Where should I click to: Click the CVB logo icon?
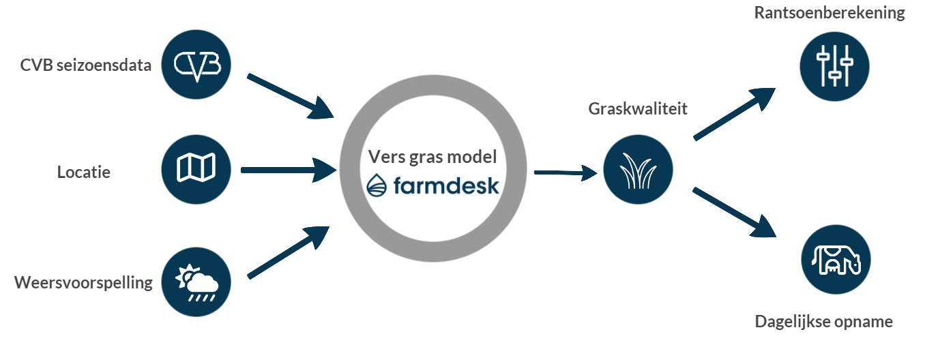[x=196, y=65]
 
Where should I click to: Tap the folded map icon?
[x=196, y=168]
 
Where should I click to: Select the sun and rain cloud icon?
[x=196, y=282]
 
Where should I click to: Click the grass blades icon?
[x=638, y=170]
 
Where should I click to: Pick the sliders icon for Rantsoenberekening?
[x=834, y=65]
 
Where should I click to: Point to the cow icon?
[x=836, y=260]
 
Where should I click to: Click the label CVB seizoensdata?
[x=86, y=66]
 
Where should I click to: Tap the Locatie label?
[x=83, y=172]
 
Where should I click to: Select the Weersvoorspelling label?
[x=83, y=282]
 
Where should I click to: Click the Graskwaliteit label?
[x=638, y=109]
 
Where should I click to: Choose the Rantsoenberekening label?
[x=829, y=14]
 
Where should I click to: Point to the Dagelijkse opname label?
[x=823, y=322]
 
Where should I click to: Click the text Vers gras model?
[x=432, y=155]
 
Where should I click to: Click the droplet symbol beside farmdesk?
[x=377, y=185]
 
